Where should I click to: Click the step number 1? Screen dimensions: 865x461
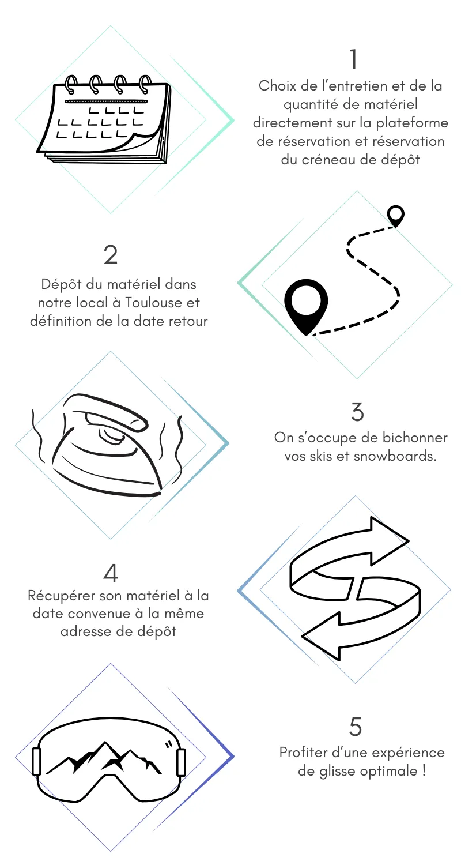pos(354,59)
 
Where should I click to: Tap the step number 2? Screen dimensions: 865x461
pos(111,255)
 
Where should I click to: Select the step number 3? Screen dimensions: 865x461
pos(357,412)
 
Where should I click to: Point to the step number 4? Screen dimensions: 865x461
pos(111,573)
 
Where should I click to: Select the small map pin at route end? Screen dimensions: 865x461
pos(395,216)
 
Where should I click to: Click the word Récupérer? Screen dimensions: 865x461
pos(61,595)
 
